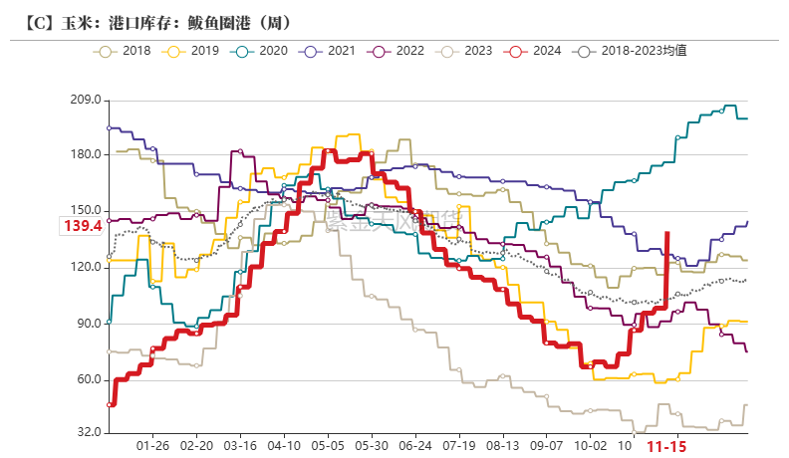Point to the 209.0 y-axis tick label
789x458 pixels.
(86, 100)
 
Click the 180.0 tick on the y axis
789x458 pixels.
(86, 155)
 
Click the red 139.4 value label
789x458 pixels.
(84, 227)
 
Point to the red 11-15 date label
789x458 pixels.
(666, 448)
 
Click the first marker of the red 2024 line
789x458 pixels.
(111, 404)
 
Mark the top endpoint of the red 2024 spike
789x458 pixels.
(666, 232)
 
